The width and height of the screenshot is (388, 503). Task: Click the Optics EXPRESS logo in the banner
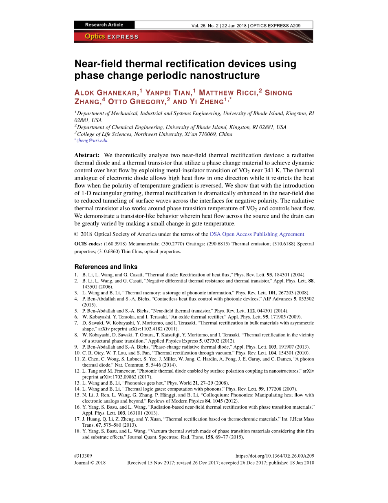click(x=112, y=37)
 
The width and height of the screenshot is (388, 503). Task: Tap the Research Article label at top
click(x=104, y=25)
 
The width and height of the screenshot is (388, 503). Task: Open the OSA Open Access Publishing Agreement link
click(x=257, y=234)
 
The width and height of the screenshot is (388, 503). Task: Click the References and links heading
click(x=106, y=267)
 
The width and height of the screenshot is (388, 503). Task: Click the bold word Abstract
click(x=87, y=155)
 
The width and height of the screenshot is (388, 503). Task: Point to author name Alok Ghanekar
click(x=106, y=93)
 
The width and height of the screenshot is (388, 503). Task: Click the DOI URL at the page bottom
click(x=275, y=456)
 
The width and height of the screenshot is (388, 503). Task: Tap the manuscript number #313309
click(x=83, y=456)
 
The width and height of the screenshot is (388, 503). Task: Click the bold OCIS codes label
click(x=88, y=244)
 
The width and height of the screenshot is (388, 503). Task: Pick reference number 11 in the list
click(x=77, y=359)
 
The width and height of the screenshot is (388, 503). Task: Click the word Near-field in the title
click(x=98, y=64)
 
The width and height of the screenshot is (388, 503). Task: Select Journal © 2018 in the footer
click(x=90, y=463)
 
